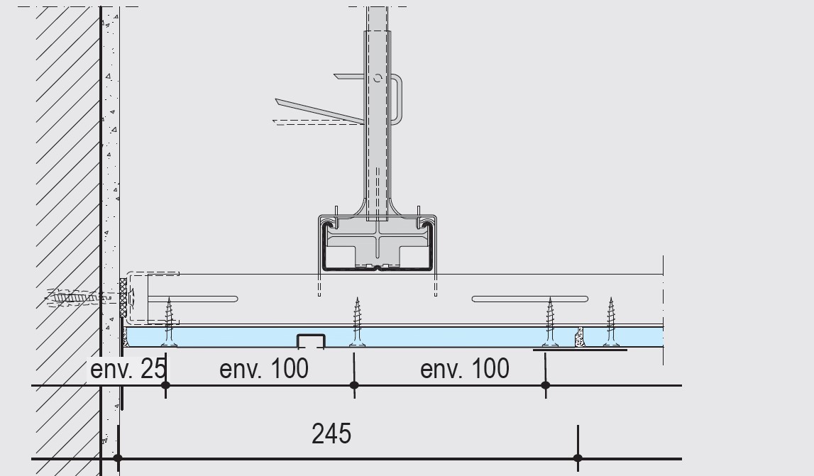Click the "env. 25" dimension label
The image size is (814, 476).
click(x=128, y=369)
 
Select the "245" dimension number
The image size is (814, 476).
click(x=331, y=433)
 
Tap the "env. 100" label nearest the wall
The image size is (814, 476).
click(x=264, y=369)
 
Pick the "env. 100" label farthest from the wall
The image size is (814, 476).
click(x=465, y=369)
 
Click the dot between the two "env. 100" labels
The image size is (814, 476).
click(x=354, y=385)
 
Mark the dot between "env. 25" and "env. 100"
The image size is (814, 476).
click(x=165, y=385)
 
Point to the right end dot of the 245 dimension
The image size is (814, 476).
click(x=578, y=458)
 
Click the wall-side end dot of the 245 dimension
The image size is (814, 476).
click(x=118, y=458)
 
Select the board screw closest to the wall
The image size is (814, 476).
click(x=169, y=322)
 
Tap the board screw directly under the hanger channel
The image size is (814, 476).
click(x=357, y=322)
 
